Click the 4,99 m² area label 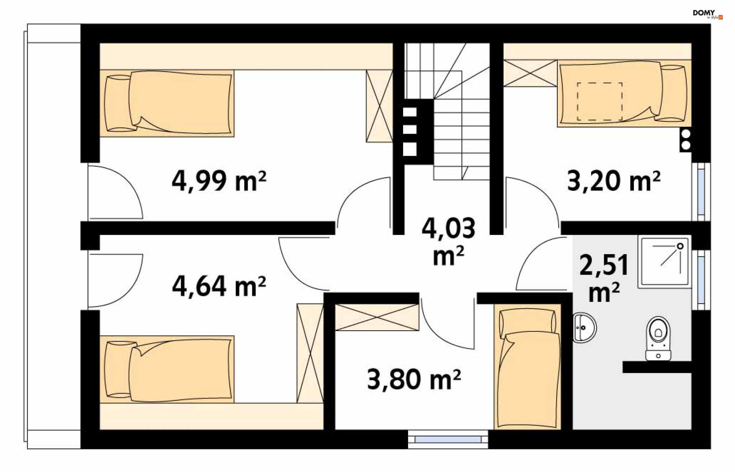pyautogui.click(x=219, y=181)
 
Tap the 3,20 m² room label pyautogui.click(x=613, y=181)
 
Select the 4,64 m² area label pyautogui.click(x=219, y=286)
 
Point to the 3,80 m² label pyautogui.click(x=413, y=379)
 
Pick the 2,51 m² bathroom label pyautogui.click(x=604, y=277)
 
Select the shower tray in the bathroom pyautogui.click(x=665, y=261)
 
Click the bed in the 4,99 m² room pyautogui.click(x=167, y=103)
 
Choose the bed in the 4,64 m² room pyautogui.click(x=167, y=369)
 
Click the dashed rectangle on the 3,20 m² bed pyautogui.click(x=599, y=101)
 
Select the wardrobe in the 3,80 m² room pyautogui.click(x=377, y=317)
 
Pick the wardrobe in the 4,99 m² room pyautogui.click(x=379, y=106)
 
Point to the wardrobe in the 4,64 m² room pyautogui.click(x=310, y=353)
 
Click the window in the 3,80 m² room pyautogui.click(x=448, y=439)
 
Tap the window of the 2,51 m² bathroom pyautogui.click(x=701, y=280)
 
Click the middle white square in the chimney pyautogui.click(x=410, y=129)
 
